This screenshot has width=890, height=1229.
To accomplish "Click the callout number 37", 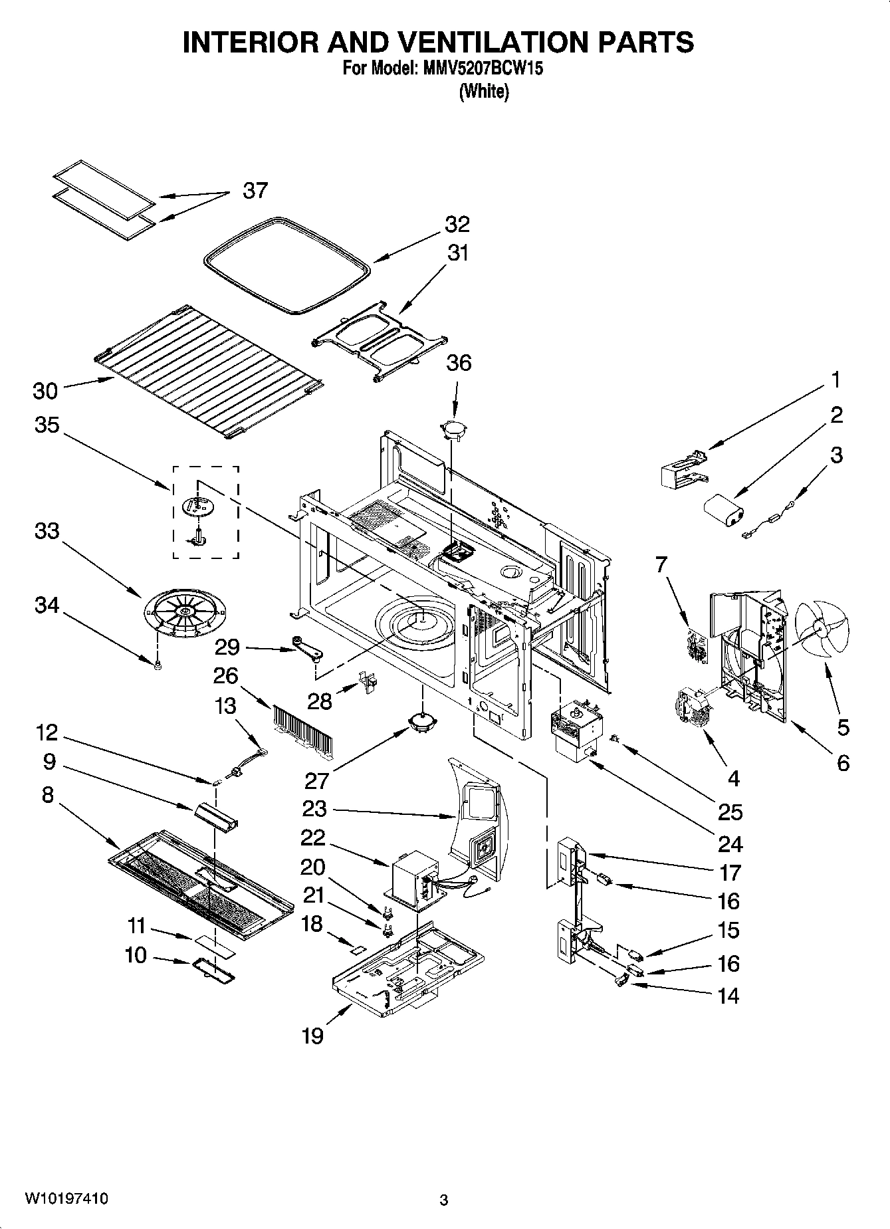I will (255, 191).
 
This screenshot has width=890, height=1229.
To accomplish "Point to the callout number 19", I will (312, 1035).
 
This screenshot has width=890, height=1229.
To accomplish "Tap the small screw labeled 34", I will (158, 666).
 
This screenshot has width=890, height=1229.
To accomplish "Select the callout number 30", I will (45, 391).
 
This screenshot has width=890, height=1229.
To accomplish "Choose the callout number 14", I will (728, 995).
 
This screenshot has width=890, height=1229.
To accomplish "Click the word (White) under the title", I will (484, 91).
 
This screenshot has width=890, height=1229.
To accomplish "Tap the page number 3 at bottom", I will (444, 1200).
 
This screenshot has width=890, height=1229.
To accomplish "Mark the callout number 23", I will (314, 809).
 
